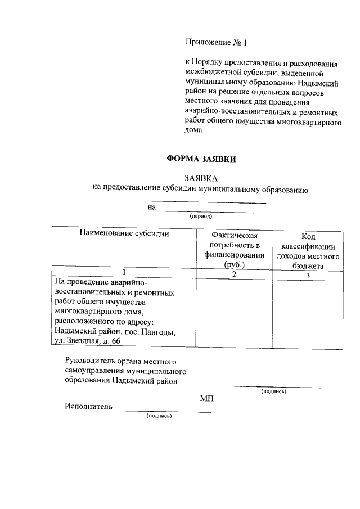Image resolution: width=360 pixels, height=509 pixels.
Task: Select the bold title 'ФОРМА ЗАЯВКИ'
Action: pos(201,159)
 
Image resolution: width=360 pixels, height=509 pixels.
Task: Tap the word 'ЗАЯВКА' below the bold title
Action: pos(201,178)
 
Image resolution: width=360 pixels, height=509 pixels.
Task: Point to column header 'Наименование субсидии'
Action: pos(124,233)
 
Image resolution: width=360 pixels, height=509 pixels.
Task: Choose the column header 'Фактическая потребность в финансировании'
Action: pos(234,249)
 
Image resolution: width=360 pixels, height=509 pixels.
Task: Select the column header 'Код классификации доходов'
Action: pos(308,249)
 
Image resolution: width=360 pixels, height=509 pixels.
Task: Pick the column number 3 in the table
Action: pos(308,276)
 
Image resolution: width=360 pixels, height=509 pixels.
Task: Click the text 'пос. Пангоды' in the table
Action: pos(151,332)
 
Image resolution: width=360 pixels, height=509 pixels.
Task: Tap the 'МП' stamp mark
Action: pos(206,398)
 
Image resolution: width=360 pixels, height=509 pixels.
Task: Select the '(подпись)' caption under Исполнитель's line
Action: pos(159,416)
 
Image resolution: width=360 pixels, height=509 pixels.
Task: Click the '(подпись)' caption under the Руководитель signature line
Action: pos(274,391)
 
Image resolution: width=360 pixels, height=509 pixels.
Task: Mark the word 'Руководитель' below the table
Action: pos(89,361)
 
